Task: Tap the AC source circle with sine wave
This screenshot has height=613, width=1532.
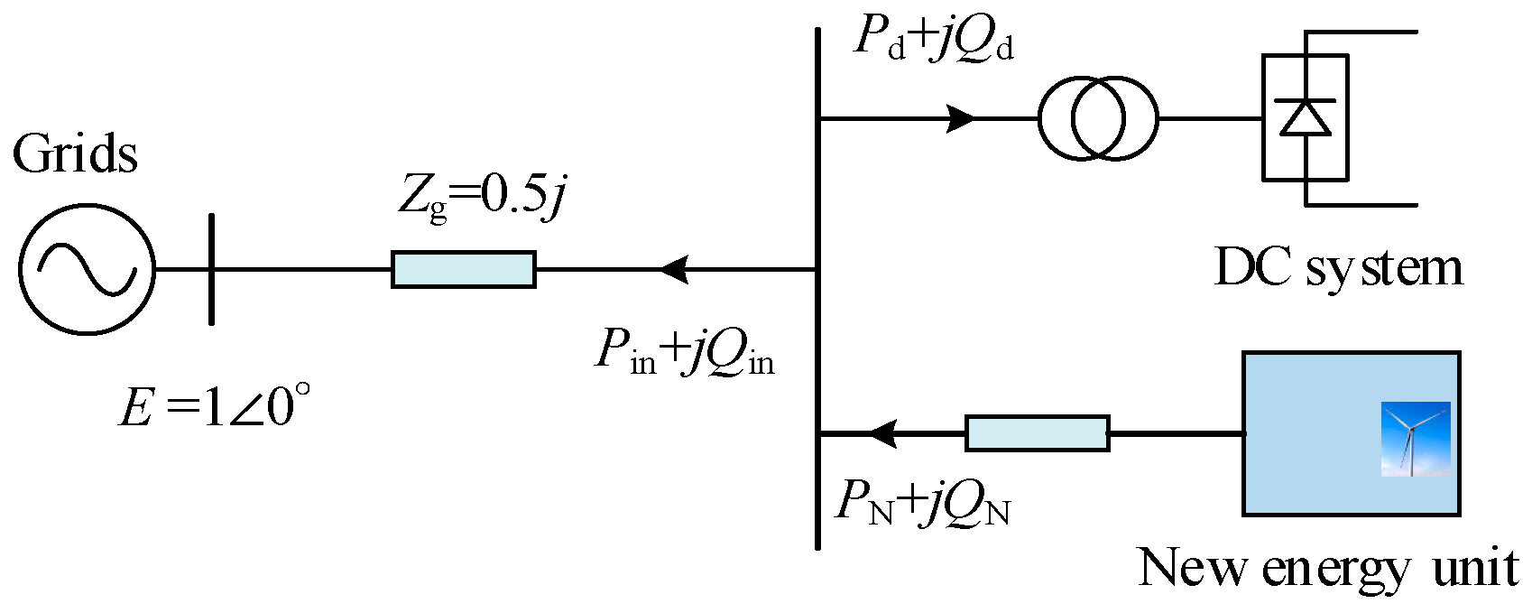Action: click(87, 269)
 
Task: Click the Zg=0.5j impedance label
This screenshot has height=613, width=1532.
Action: click(483, 194)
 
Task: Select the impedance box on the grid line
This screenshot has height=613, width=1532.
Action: click(463, 270)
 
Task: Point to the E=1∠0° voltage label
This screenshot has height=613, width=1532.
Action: click(215, 405)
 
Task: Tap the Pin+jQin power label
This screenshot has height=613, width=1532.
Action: click(684, 352)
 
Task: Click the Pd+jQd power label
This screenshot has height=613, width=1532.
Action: click(934, 39)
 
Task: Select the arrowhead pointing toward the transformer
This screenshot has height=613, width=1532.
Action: click(960, 118)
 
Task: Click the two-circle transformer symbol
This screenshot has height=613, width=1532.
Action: click(1097, 118)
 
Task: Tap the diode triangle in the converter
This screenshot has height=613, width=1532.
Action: click(1306, 117)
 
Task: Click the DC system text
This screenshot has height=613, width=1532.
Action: click(1339, 268)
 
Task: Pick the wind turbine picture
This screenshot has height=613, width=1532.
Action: click(1415, 439)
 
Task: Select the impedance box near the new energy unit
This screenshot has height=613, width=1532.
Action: click(1037, 433)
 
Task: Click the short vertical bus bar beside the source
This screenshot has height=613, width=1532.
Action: click(211, 269)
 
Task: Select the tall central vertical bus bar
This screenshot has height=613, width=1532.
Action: click(817, 289)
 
